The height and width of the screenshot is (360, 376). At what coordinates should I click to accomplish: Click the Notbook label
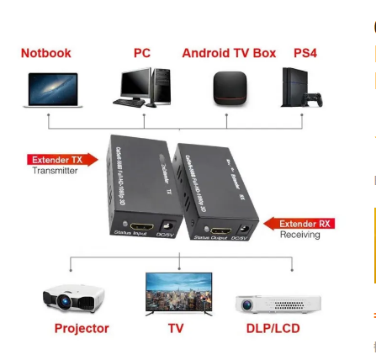46,53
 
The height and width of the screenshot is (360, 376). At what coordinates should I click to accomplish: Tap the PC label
142,53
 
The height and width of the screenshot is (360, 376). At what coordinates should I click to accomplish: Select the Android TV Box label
229,53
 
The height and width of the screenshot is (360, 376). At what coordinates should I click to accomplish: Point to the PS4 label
305,53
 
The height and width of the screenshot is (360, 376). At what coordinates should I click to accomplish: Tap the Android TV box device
229,88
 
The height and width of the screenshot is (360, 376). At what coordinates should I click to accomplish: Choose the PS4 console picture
300,87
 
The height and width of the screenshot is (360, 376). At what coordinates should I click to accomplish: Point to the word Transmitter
55,171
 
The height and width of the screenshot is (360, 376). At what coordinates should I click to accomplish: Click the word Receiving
300,235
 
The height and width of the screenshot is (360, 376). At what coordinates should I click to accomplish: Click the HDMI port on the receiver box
220,230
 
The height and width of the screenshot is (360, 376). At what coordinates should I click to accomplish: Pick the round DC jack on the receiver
245,229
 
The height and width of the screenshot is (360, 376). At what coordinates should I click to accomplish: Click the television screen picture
178,292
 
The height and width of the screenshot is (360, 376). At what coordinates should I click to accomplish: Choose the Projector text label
82,329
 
